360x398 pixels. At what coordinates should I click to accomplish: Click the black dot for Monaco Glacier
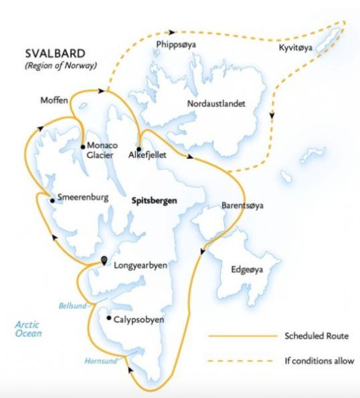[x=82, y=146]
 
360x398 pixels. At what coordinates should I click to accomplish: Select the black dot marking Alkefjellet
[x=139, y=148]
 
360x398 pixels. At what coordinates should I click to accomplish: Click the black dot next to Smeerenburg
[x=52, y=199]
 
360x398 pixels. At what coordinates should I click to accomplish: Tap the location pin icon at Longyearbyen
[x=104, y=260]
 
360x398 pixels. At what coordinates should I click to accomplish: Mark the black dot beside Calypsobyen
[x=108, y=318]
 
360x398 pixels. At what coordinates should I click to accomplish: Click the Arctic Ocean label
[x=28, y=328]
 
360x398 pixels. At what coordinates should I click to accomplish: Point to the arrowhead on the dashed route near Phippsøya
[x=171, y=31]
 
